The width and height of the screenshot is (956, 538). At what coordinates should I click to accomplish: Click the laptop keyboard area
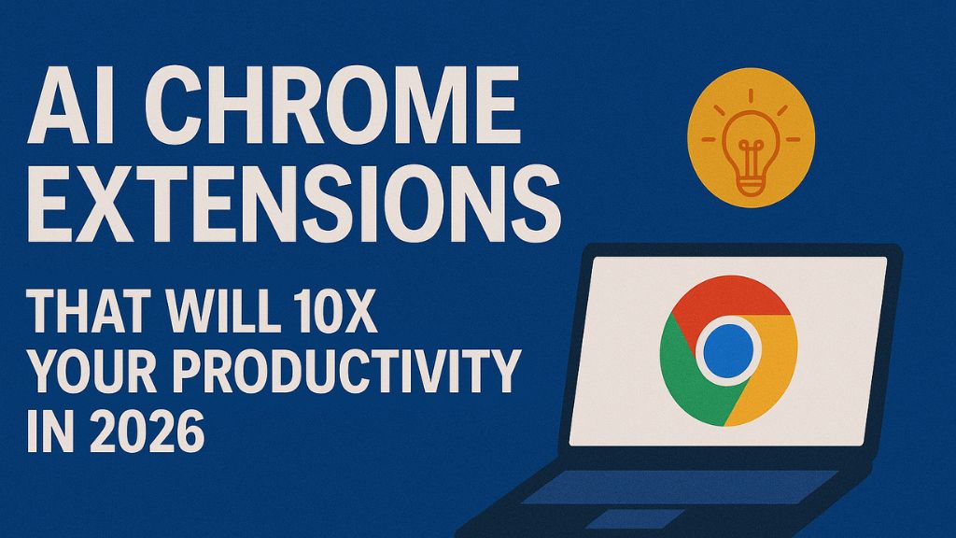click(672, 486)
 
